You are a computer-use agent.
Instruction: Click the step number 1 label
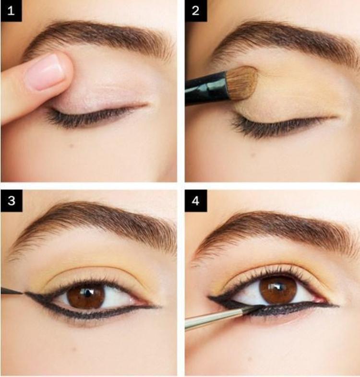(11, 11)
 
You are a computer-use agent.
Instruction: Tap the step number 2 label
(196, 11)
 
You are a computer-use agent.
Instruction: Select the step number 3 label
(12, 200)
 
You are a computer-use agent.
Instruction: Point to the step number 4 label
(196, 200)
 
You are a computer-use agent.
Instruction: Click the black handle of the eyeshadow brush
(206, 89)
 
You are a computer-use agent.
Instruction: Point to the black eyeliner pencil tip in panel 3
(12, 291)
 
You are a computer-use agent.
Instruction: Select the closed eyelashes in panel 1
(89, 117)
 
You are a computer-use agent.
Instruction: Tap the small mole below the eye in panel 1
(71, 145)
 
